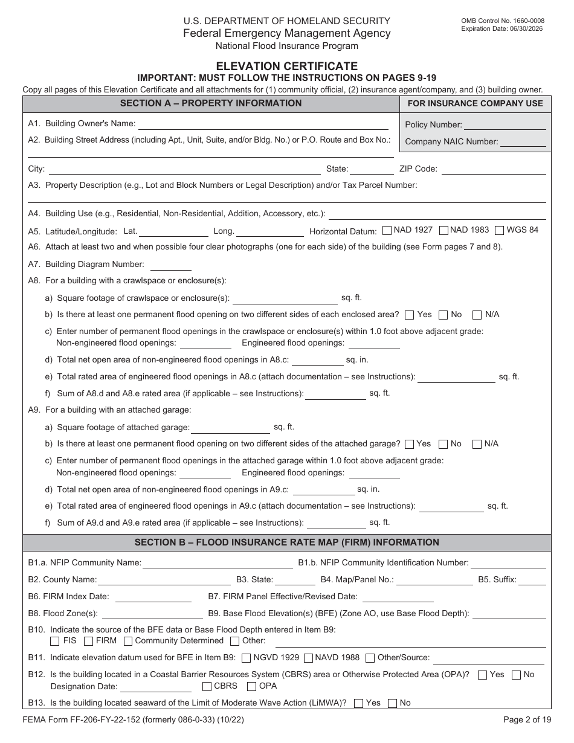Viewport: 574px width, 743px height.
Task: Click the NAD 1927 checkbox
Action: click(387, 230)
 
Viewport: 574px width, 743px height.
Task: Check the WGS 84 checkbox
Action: click(500, 230)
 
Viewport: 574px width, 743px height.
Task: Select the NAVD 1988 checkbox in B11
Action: click(308, 658)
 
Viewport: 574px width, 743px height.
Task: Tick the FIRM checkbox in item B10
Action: click(89, 641)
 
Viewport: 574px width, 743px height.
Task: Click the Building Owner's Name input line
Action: click(263, 124)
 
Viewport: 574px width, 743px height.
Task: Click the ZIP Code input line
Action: click(494, 170)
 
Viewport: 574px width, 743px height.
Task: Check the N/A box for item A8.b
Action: click(477, 315)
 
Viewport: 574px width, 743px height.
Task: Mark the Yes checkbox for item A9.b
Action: click(409, 444)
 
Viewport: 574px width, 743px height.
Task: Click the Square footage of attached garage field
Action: click(230, 428)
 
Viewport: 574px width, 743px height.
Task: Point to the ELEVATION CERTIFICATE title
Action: click(287, 66)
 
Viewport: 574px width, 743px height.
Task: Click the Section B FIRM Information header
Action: click(287, 542)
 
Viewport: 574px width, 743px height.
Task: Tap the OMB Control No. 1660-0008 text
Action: click(502, 21)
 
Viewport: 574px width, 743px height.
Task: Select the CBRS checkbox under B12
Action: click(207, 686)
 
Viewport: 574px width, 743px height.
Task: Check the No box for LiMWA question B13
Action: click(392, 703)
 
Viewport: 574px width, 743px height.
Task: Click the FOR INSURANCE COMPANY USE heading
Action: click(476, 103)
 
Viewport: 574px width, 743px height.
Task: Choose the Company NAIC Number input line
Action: click(523, 142)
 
